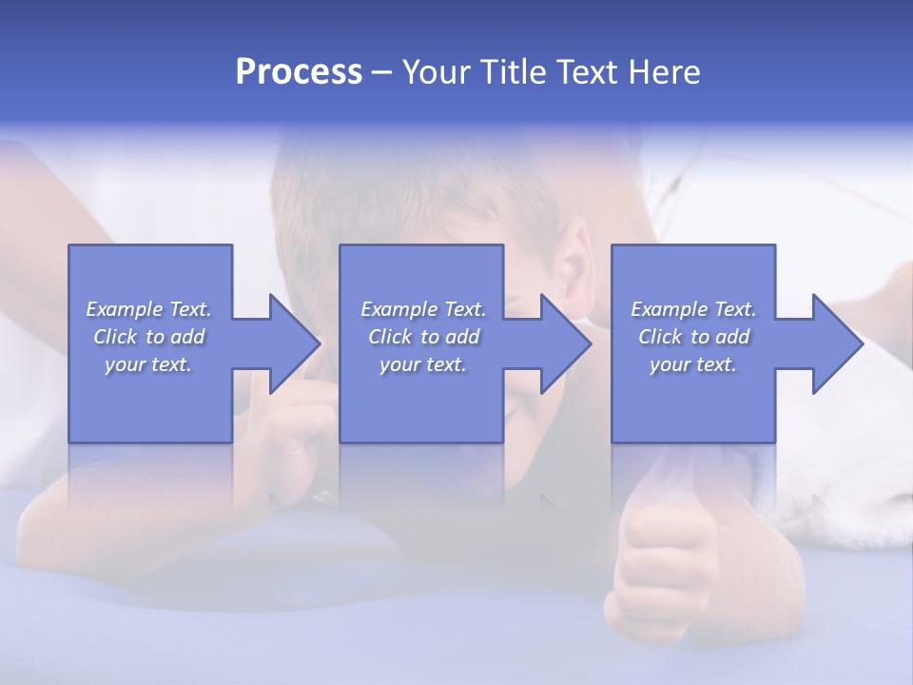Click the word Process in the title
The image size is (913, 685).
299,72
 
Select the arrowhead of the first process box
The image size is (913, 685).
294,343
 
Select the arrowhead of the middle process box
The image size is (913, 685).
565,343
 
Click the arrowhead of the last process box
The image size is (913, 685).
837,343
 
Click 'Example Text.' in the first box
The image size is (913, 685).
148,309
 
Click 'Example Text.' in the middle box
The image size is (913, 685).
423,309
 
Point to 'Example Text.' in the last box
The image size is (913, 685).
693,309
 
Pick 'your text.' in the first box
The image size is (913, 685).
148,364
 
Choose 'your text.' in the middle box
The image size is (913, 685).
423,364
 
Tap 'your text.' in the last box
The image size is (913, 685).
693,364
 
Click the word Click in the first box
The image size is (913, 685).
115,337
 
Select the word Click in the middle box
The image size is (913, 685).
390,337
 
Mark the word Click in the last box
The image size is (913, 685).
660,337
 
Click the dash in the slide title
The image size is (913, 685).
382,73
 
